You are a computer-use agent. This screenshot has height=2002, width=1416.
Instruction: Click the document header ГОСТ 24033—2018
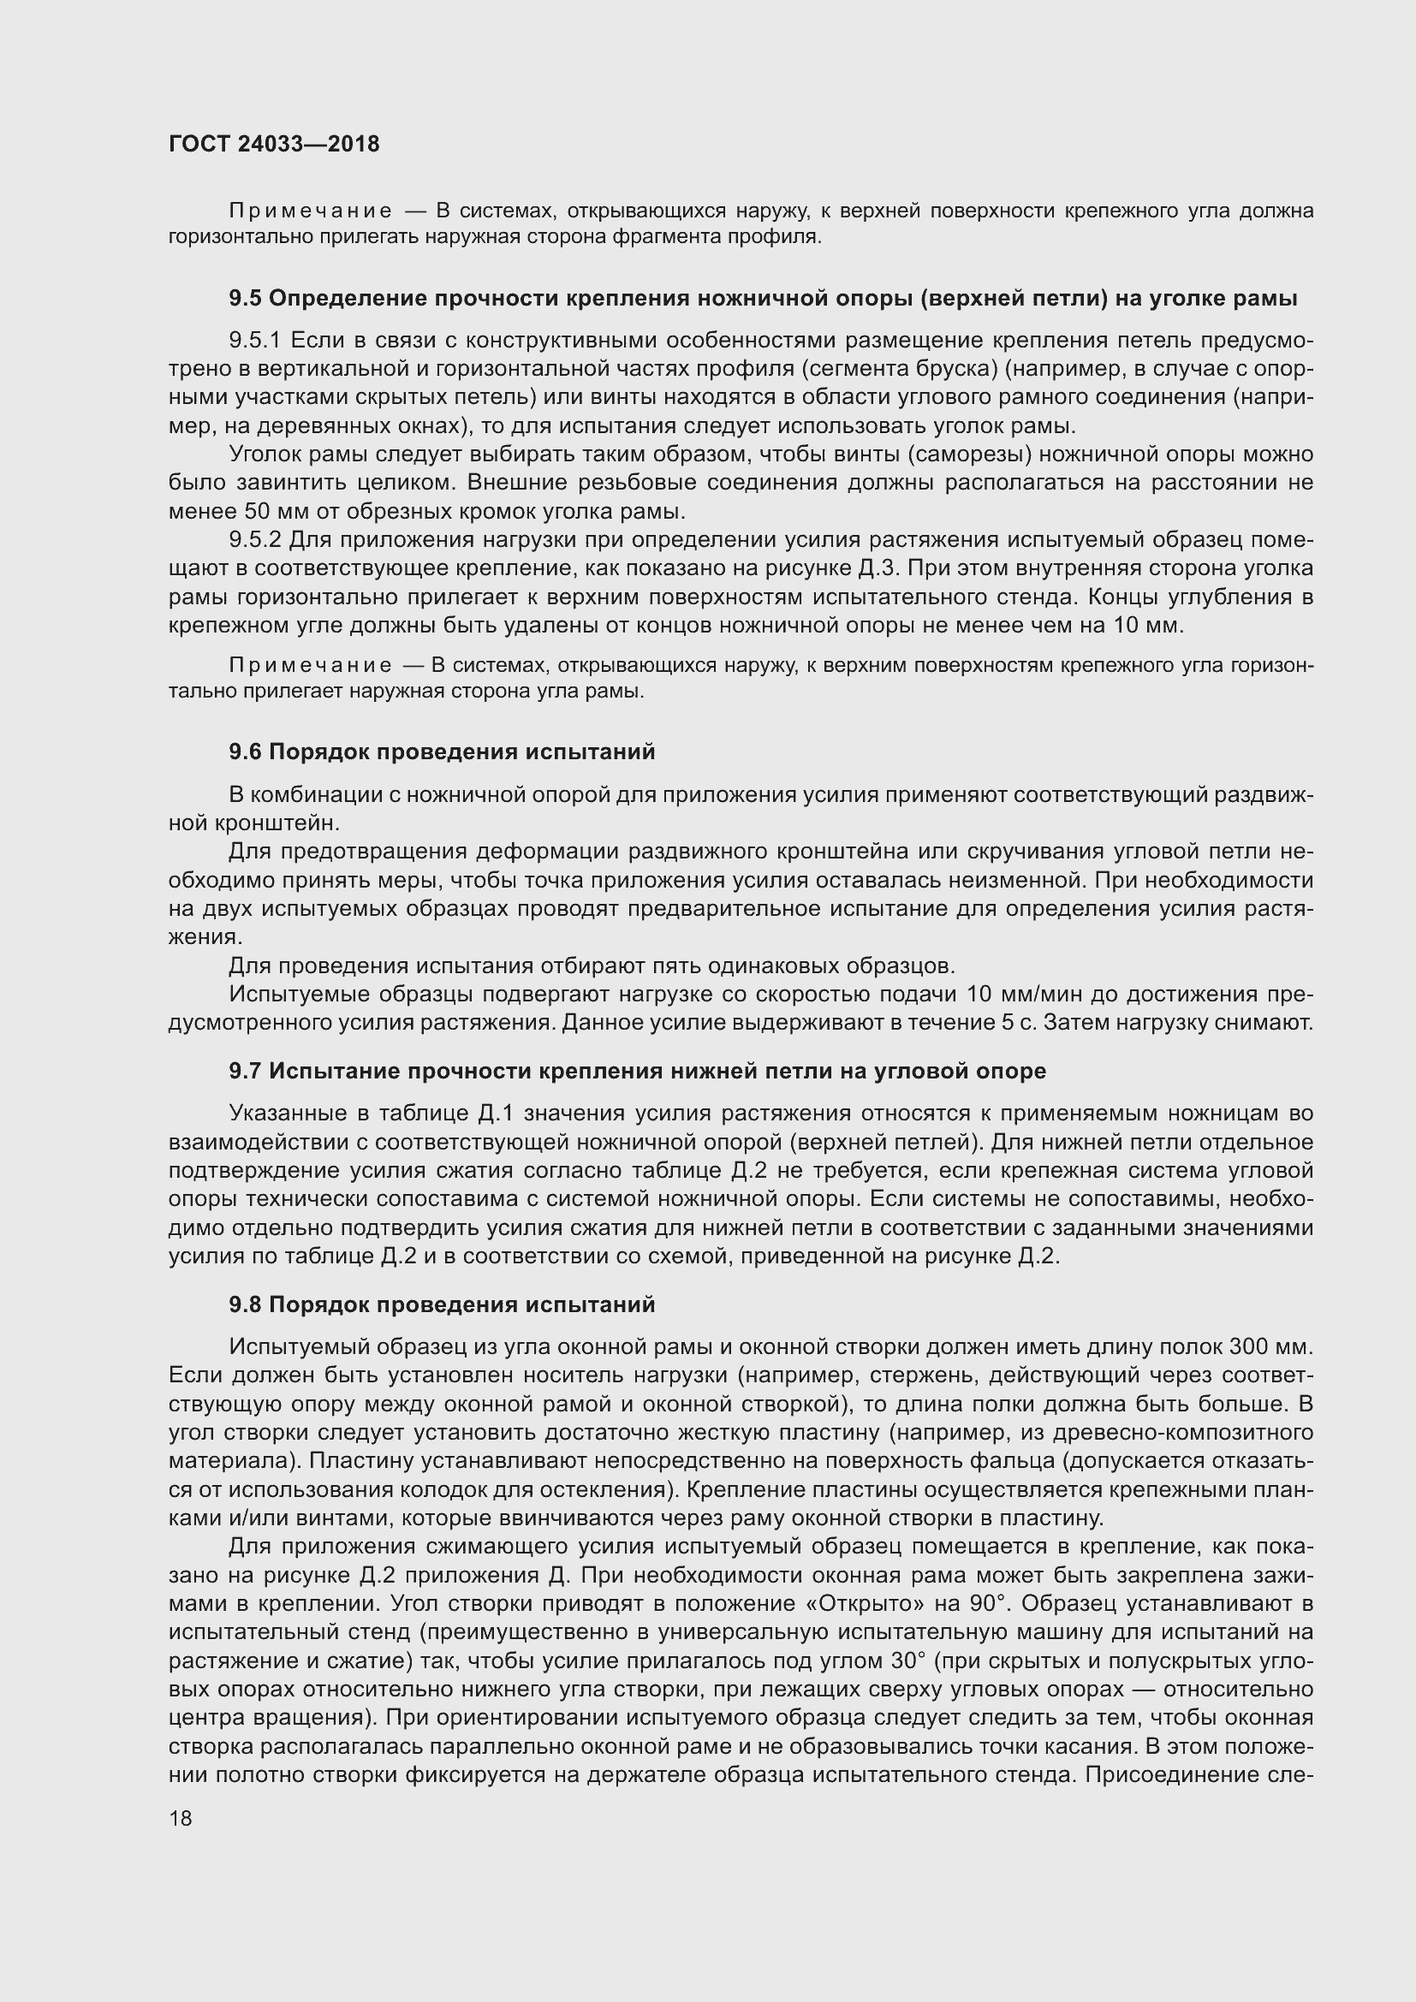point(274,144)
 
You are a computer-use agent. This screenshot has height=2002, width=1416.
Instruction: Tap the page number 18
point(181,1818)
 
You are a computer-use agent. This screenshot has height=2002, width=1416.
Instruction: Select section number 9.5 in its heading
point(245,299)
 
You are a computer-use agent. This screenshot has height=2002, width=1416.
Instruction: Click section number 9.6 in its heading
point(245,751)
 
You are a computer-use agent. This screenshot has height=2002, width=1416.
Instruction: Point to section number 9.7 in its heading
point(245,1071)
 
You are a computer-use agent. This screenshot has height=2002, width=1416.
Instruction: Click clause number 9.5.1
point(253,340)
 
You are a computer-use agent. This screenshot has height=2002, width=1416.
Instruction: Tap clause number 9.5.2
point(254,541)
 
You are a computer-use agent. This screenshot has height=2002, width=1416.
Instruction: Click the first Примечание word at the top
point(310,211)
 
